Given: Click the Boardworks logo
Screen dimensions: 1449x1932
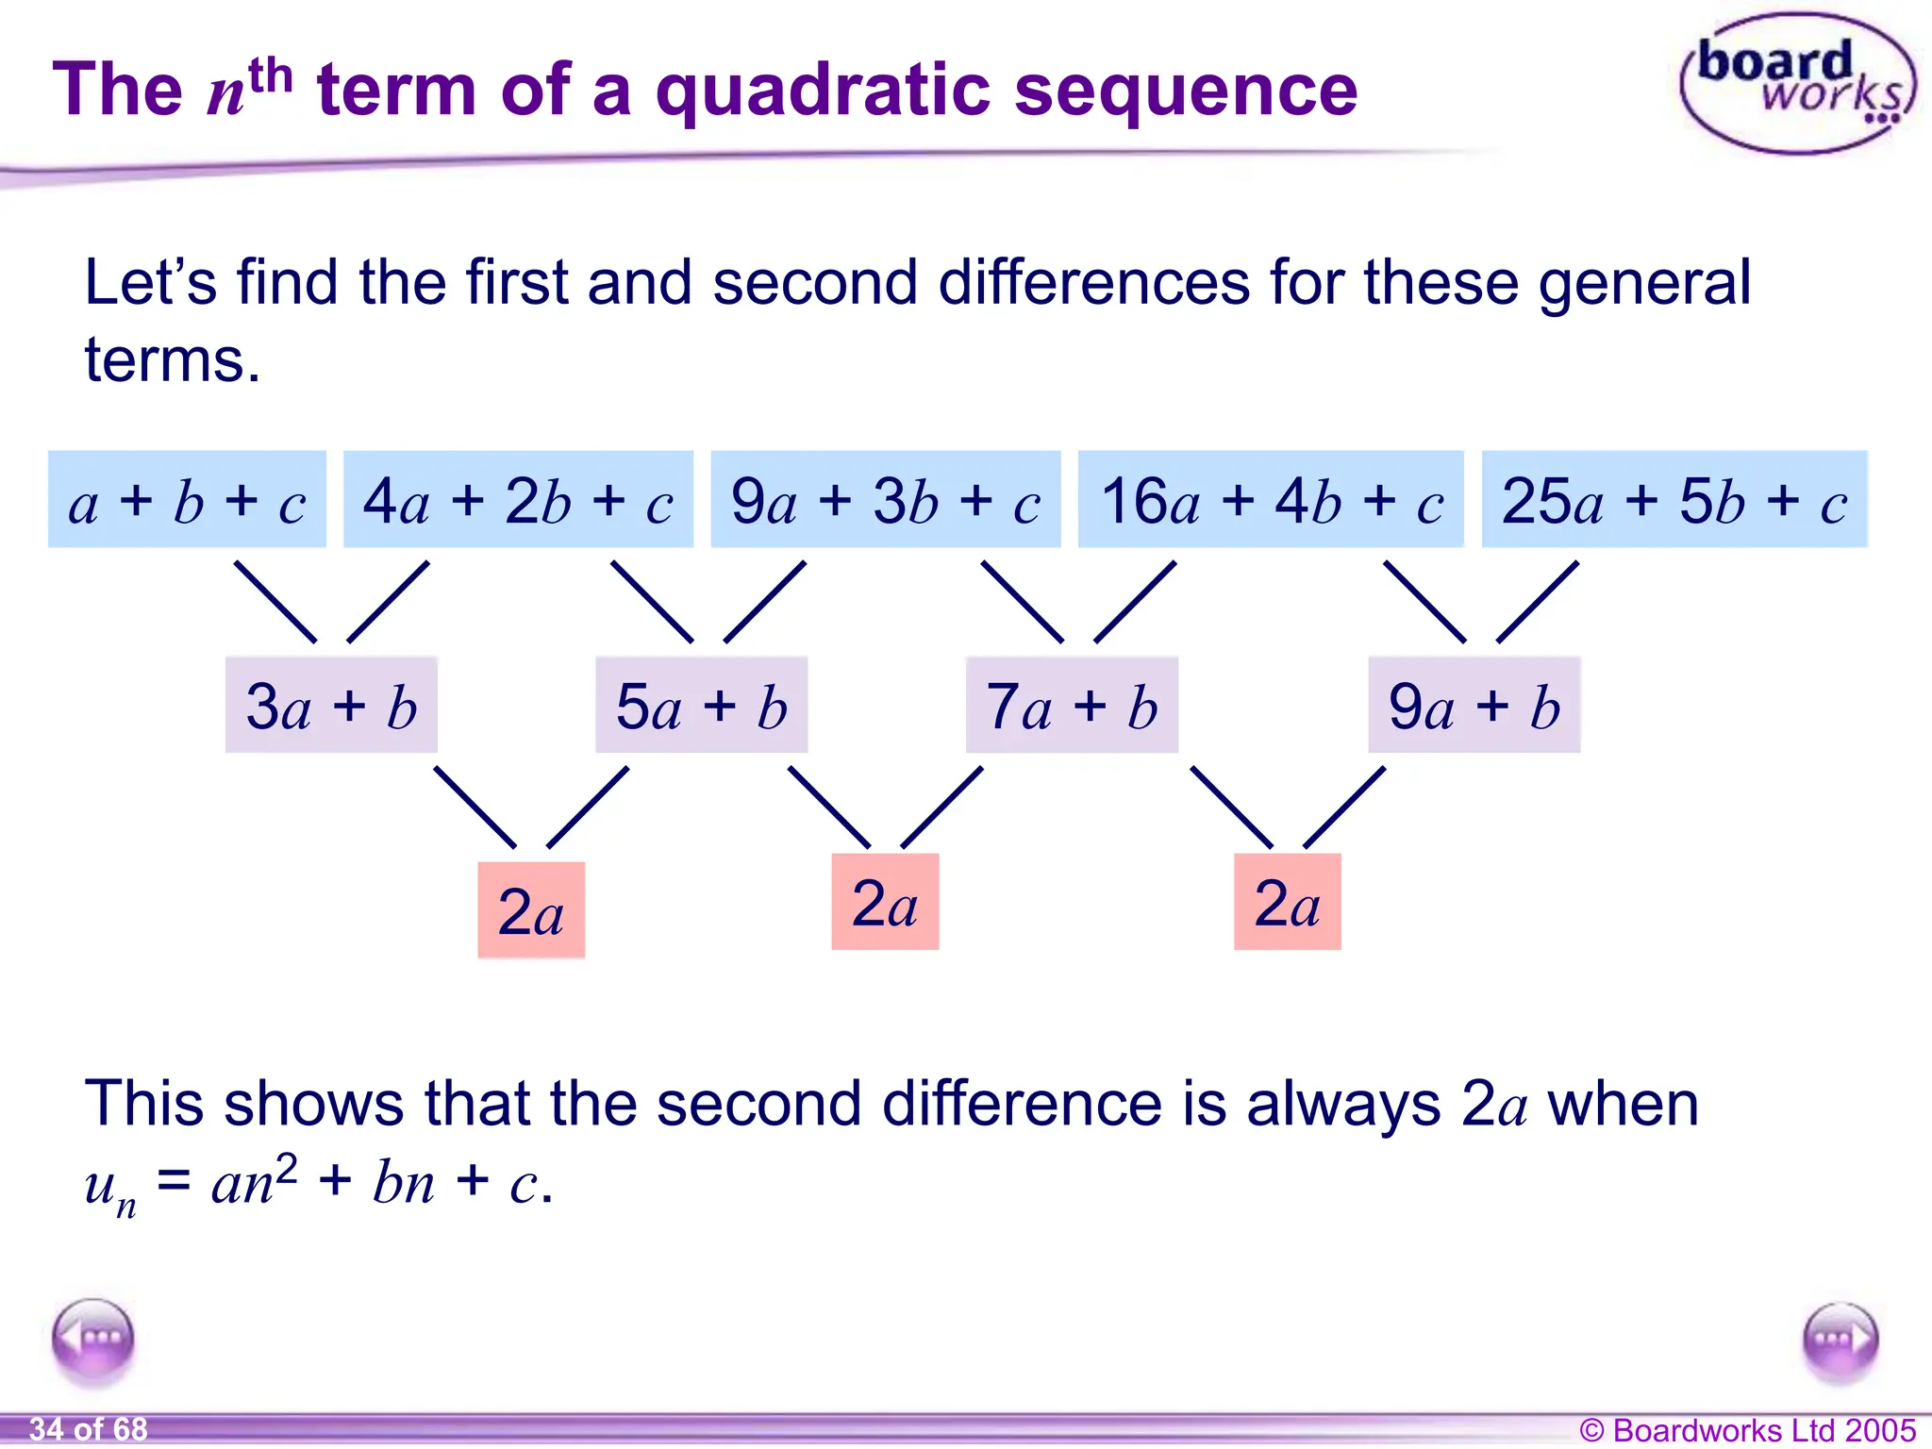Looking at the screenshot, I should pos(1798,84).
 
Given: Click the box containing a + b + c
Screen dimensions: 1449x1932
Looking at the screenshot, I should pos(187,500).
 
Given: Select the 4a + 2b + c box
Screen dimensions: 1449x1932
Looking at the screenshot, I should pos(518,500).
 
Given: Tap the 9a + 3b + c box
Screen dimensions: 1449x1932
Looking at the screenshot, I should pos(885,500).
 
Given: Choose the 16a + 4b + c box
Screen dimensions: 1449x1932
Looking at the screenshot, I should pos(1271,500).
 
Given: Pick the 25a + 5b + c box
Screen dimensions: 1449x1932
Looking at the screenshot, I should pos(1674,500).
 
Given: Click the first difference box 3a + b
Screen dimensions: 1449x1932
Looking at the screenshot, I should pos(331,706).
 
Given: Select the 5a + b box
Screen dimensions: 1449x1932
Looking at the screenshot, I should pos(701,706).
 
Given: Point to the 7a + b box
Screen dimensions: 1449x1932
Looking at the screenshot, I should pos(1072,706).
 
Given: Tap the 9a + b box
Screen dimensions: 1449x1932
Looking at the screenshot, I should pos(1474,706).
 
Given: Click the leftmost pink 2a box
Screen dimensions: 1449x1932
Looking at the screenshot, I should pos(531,910).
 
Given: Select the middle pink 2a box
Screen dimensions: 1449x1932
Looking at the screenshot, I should pos(885,902).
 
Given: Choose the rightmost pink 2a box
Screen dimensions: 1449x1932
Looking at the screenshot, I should pos(1287,902).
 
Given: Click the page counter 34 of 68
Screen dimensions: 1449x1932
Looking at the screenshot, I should pos(88,1429).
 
